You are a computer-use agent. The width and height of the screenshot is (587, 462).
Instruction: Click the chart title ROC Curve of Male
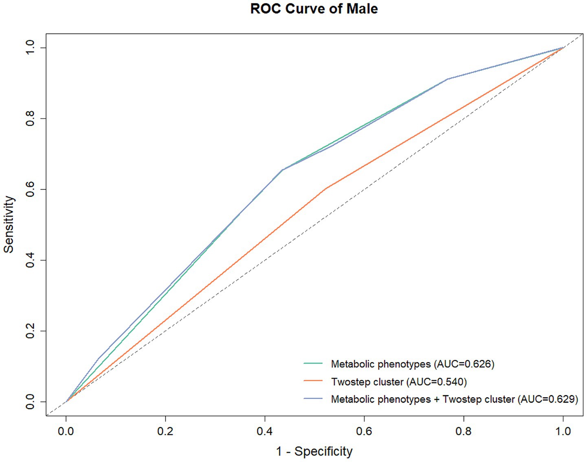[314, 9]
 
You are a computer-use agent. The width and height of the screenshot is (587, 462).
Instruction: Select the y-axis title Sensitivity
[9, 224]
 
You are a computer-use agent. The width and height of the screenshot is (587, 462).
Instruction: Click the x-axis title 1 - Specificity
[314, 451]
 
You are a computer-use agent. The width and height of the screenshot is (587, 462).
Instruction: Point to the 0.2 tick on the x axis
[165, 431]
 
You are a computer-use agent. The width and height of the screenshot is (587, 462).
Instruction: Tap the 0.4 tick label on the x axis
[265, 431]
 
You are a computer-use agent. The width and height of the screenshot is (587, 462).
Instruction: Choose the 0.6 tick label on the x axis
[364, 431]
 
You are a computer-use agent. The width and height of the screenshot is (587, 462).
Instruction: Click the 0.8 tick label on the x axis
[464, 431]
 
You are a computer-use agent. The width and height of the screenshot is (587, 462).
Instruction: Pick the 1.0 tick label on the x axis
[563, 431]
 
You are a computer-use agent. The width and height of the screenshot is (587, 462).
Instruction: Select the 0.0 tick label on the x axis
[66, 431]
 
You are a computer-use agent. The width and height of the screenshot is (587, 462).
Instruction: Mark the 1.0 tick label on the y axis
[30, 48]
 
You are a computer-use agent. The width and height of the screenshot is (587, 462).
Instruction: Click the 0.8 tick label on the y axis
[30, 118]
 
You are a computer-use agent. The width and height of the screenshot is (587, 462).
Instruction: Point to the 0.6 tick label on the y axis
[30, 189]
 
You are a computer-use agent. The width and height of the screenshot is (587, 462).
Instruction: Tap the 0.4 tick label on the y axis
[30, 260]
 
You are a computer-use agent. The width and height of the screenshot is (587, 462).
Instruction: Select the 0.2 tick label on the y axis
[30, 331]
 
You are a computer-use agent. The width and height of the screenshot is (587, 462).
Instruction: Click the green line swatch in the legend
[313, 363]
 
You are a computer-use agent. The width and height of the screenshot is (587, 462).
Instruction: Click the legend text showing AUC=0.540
[399, 382]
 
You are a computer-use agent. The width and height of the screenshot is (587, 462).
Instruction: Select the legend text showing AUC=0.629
[454, 399]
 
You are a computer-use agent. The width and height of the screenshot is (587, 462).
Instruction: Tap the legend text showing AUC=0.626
[412, 364]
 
